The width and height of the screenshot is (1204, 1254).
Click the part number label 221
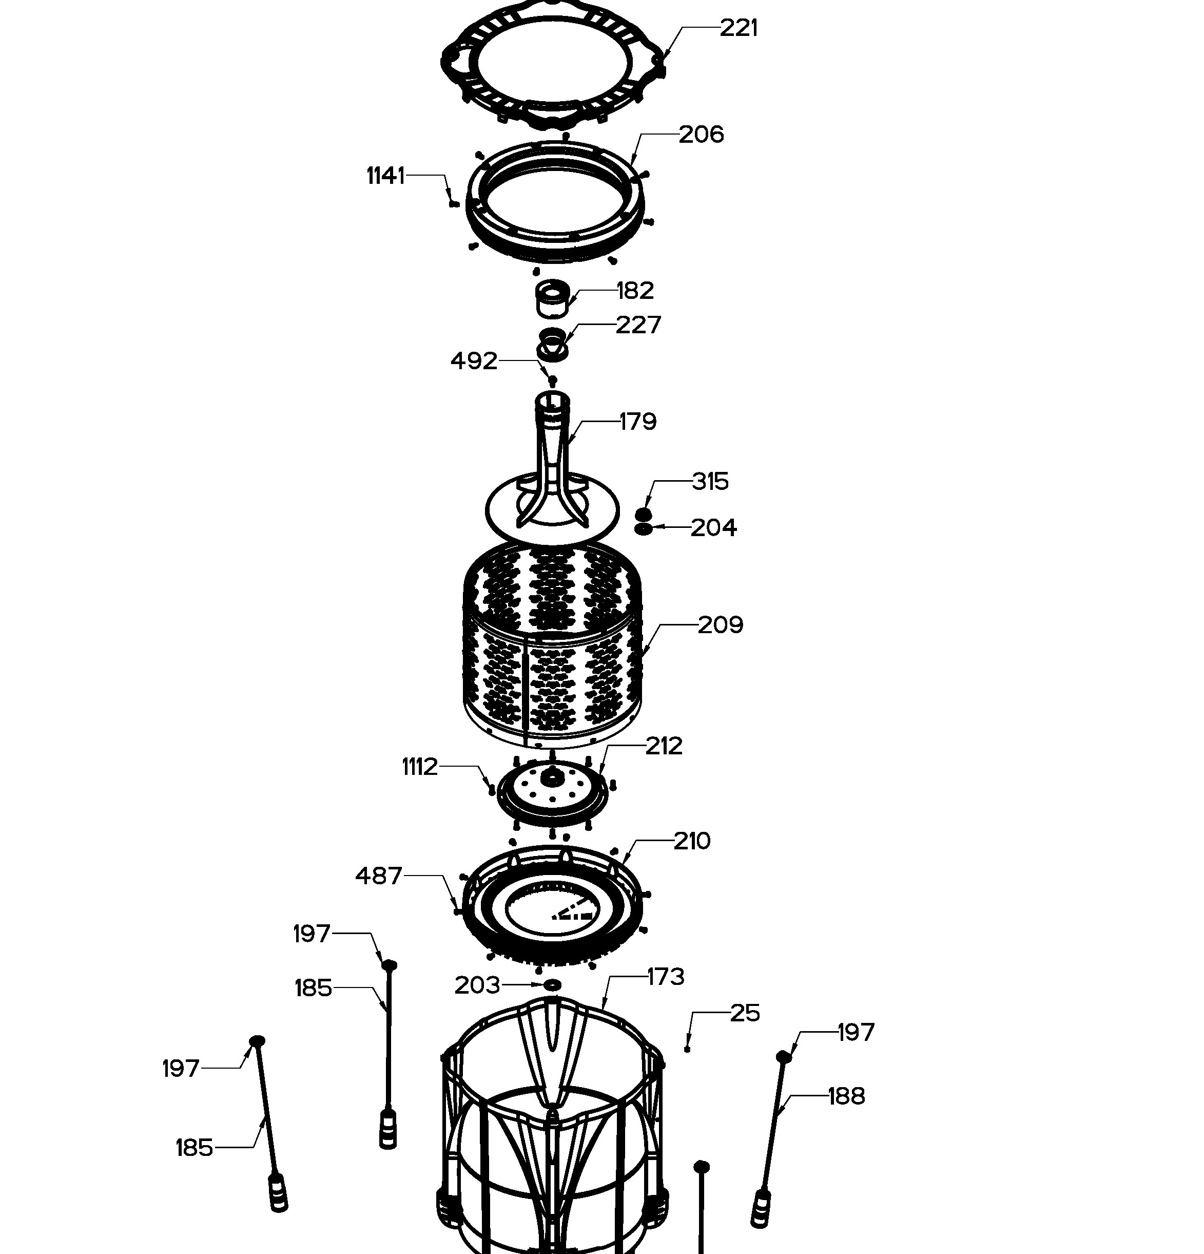tap(739, 28)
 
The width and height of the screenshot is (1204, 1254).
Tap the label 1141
tap(385, 175)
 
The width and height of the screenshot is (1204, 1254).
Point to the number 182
tap(635, 291)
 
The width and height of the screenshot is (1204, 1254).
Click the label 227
tap(638, 325)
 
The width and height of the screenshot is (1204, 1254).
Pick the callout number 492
tap(474, 362)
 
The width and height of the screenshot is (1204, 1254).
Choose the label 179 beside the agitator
tap(638, 422)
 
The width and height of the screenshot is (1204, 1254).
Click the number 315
tap(710, 481)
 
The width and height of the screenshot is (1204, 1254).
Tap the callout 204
tap(713, 528)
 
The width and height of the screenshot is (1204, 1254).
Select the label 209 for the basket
tap(721, 625)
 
